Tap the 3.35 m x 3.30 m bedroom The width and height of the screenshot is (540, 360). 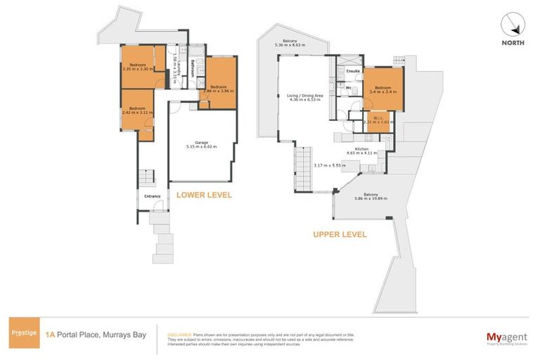click(x=136, y=67)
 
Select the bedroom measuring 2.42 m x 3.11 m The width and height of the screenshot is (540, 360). click(x=136, y=110)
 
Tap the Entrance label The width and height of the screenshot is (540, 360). click(x=152, y=196)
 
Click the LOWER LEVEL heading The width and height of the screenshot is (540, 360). click(x=204, y=195)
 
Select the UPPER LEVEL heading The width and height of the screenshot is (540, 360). click(x=339, y=235)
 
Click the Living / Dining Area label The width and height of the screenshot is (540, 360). click(x=304, y=97)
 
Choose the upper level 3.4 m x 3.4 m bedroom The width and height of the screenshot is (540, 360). click(x=383, y=89)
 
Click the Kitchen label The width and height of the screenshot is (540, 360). click(x=362, y=150)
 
